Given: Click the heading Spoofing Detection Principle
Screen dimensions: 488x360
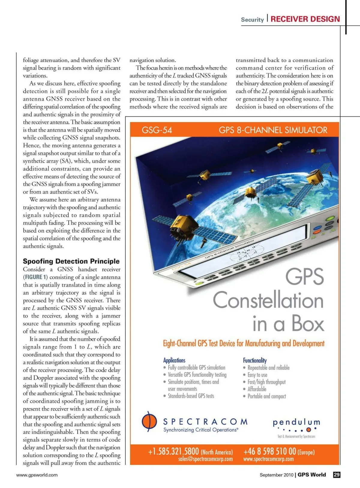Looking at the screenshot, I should [x=71, y=261].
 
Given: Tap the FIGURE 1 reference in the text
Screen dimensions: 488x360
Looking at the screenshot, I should [x=36, y=277].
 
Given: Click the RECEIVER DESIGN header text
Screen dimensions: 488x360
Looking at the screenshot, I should [x=305, y=19].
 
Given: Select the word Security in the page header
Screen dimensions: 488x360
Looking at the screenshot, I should [x=252, y=20].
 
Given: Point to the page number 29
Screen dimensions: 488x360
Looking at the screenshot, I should [x=337, y=475].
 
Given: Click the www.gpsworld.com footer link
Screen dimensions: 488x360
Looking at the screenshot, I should [x=37, y=475].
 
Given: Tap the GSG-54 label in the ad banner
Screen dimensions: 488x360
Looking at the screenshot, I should [x=157, y=130].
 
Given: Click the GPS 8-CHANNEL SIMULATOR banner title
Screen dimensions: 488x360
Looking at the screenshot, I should [x=273, y=130].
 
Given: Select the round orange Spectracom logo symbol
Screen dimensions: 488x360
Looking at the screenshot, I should [x=149, y=421].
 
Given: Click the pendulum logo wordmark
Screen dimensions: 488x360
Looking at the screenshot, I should [x=296, y=422].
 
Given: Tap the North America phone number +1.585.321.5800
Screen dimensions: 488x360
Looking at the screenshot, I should [x=173, y=451].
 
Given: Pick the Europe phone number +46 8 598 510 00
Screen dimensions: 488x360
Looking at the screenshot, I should [x=270, y=451].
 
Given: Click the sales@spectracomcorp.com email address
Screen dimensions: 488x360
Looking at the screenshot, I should [x=205, y=459].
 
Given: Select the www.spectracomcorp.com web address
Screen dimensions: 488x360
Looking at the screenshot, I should [x=268, y=459].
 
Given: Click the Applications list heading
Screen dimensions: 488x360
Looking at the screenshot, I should [x=174, y=360].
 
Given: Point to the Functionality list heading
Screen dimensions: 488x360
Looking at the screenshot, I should [x=255, y=360].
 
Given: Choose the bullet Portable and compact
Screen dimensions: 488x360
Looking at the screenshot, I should [x=267, y=396].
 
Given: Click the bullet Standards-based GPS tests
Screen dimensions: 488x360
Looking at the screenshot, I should [x=191, y=396].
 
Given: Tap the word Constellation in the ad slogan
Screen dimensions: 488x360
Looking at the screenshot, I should [x=268, y=300].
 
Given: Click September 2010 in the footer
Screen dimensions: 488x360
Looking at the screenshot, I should [x=276, y=475].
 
